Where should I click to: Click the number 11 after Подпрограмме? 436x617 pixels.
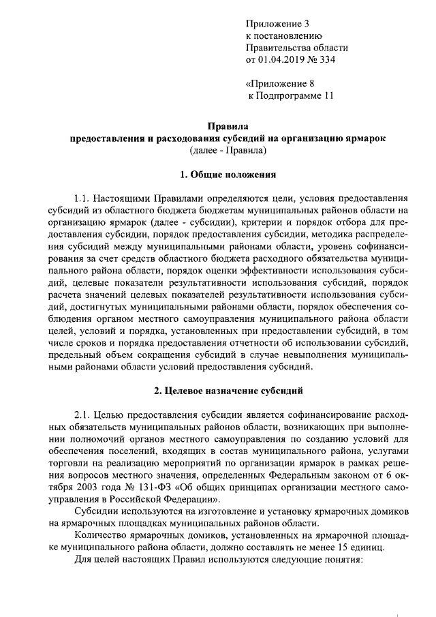328,95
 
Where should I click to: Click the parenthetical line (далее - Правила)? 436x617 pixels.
228,149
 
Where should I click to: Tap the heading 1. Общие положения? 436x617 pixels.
228,175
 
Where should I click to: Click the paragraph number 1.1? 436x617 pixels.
83,198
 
